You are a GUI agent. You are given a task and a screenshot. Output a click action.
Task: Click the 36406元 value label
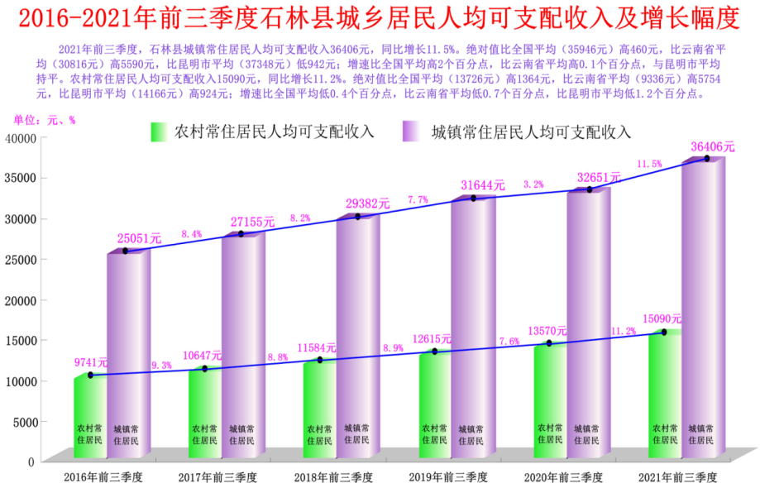click(712, 146)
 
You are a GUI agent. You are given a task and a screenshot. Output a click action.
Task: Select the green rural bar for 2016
click(90, 418)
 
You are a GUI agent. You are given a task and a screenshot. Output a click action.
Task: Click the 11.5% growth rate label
click(649, 164)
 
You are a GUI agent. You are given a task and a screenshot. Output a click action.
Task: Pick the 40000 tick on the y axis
click(19, 137)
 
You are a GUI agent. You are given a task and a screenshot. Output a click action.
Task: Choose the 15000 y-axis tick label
click(19, 340)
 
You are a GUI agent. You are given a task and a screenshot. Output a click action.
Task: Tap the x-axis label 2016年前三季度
click(103, 477)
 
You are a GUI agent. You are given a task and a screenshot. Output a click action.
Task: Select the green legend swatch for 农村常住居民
click(159, 132)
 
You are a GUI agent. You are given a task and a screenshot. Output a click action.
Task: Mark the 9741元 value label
click(91, 361)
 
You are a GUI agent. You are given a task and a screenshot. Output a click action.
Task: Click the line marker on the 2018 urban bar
click(357, 217)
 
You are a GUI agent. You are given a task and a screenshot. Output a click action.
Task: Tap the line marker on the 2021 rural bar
click(664, 333)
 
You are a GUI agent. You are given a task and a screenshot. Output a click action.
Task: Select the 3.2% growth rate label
click(533, 184)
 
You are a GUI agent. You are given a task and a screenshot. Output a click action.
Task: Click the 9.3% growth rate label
click(161, 365)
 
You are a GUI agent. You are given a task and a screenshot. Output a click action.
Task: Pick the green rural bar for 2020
click(549, 401)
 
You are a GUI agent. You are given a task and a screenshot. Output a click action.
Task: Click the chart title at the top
click(379, 17)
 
